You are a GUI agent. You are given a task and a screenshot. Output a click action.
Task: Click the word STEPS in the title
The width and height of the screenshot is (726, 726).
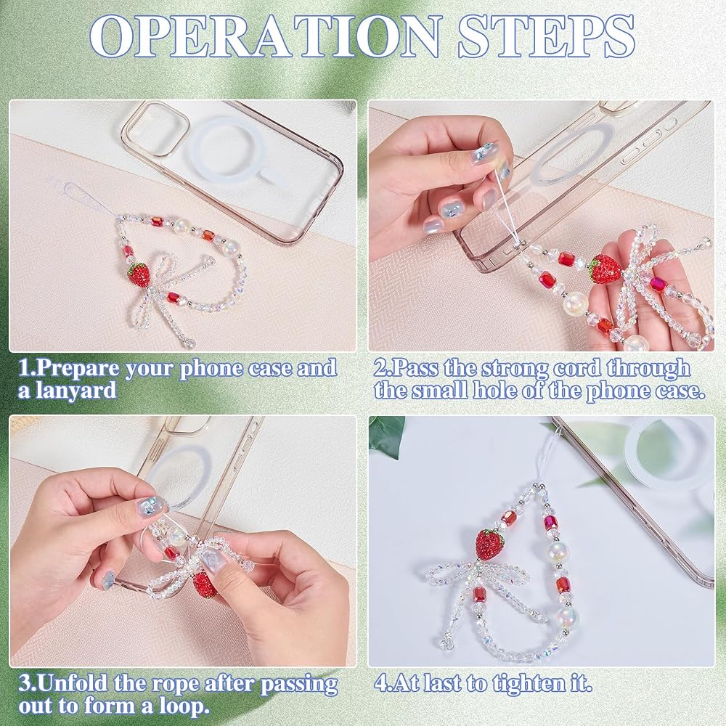547,36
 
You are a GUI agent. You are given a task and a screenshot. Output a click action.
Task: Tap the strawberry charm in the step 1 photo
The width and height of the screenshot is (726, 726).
139,274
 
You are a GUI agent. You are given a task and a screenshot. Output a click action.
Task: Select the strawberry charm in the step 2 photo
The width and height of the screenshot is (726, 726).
604,269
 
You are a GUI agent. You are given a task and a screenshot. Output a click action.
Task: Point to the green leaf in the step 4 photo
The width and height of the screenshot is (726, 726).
387,435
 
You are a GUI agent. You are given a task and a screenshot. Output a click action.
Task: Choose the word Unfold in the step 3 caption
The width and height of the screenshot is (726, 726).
72,684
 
